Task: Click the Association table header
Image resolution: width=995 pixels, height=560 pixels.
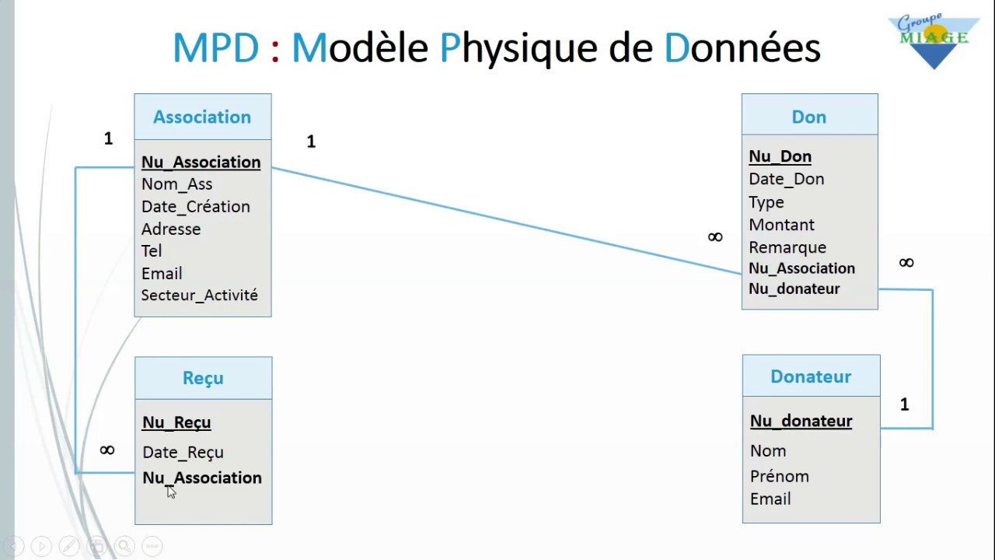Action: (x=202, y=117)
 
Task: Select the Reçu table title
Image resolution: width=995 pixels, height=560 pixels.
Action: (x=203, y=378)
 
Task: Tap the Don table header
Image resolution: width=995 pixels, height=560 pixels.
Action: (x=808, y=117)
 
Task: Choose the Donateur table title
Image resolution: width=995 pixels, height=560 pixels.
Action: (x=810, y=376)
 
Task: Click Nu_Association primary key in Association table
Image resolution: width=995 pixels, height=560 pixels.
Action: (x=201, y=162)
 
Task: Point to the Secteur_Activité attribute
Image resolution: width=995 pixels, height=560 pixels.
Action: (x=199, y=296)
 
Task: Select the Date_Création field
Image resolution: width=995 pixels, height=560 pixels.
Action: (x=195, y=207)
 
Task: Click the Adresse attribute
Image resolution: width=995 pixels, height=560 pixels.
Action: (x=171, y=229)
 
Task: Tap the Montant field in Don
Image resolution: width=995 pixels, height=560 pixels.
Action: (x=781, y=225)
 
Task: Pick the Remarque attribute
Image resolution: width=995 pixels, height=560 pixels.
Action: (x=787, y=247)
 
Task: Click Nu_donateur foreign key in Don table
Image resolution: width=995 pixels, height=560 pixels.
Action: (x=794, y=289)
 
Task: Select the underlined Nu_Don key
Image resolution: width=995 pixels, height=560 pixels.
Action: (x=780, y=156)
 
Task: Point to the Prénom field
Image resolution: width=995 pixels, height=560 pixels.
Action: (x=779, y=476)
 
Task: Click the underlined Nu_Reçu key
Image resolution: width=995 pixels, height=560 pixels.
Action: (x=176, y=422)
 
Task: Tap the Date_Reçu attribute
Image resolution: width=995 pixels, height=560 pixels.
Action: (x=183, y=453)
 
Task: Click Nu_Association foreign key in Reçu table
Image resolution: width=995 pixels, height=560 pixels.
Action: (x=202, y=478)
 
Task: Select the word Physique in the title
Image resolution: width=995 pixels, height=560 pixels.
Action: (x=520, y=48)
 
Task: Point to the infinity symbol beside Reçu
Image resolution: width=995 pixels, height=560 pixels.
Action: (x=107, y=450)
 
